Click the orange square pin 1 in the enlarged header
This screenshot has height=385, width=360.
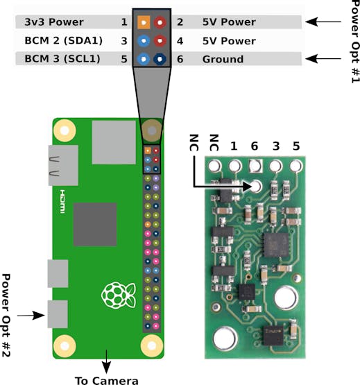click(x=144, y=22)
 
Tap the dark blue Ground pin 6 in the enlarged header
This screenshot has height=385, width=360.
click(x=160, y=59)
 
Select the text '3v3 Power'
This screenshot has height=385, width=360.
click(x=54, y=22)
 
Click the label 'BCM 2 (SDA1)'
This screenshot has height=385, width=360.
click(x=63, y=40)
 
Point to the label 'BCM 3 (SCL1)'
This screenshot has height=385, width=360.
click(x=62, y=59)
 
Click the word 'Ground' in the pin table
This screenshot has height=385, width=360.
click(x=223, y=59)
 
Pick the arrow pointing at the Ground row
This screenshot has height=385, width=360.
click(x=323, y=59)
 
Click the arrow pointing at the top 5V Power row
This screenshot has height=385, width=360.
click(x=323, y=22)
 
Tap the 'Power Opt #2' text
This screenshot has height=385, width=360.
click(x=6, y=315)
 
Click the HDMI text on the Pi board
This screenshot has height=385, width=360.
click(x=62, y=201)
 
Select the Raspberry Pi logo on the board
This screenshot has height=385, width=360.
click(x=119, y=296)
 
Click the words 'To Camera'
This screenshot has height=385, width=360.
click(x=107, y=381)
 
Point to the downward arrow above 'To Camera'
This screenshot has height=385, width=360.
click(x=106, y=361)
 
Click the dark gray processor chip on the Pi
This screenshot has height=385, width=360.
click(x=95, y=224)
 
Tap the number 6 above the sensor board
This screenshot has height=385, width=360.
click(x=255, y=146)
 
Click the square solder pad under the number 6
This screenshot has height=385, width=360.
click(x=255, y=166)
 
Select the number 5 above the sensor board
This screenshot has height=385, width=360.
click(x=296, y=146)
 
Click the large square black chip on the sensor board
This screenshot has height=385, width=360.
click(x=276, y=246)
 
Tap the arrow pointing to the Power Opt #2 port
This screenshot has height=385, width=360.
click(x=31, y=316)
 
